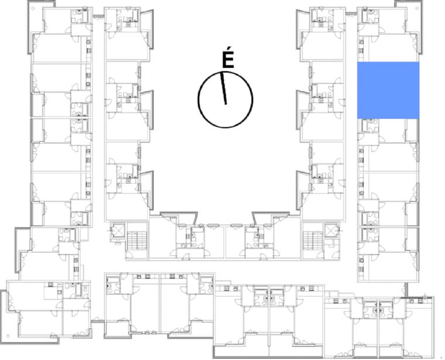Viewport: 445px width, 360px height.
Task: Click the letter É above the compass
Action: pos(228,60)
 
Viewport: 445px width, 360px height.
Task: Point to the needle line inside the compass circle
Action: pos(224,88)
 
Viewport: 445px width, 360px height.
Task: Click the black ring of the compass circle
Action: pos(198,100)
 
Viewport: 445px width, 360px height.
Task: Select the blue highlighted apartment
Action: pos(388,90)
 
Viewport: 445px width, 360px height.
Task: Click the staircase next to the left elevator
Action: pos(136,240)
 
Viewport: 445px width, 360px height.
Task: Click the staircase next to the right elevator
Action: pos(312,240)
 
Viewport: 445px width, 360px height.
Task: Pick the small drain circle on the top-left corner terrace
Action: pos(33,8)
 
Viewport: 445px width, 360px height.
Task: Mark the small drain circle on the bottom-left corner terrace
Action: pos(8,337)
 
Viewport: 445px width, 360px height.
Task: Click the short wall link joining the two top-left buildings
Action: pos(98,16)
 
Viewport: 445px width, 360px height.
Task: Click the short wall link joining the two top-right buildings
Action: pos(351,13)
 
